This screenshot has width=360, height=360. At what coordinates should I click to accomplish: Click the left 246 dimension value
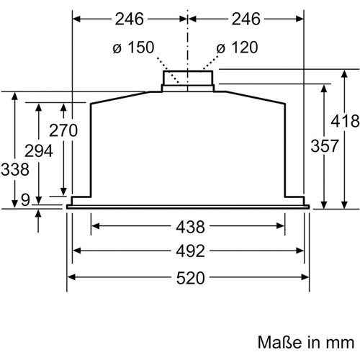pos(130,19)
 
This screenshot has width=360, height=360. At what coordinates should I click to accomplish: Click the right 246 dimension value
pos(246,19)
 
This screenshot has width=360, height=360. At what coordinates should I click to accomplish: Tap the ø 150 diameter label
pos(133,47)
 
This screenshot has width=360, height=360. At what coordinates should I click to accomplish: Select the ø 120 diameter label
pos(237,47)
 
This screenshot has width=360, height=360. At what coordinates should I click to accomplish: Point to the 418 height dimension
pos(345,121)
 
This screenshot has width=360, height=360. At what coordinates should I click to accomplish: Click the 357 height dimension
pos(325,145)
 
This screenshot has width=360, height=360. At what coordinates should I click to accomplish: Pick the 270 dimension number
pos(63,130)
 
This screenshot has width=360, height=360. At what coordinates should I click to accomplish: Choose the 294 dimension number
pos(39,151)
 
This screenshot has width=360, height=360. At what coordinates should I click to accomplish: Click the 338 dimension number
pos(15,169)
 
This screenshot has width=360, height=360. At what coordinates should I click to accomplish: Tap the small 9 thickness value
pos(25,199)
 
